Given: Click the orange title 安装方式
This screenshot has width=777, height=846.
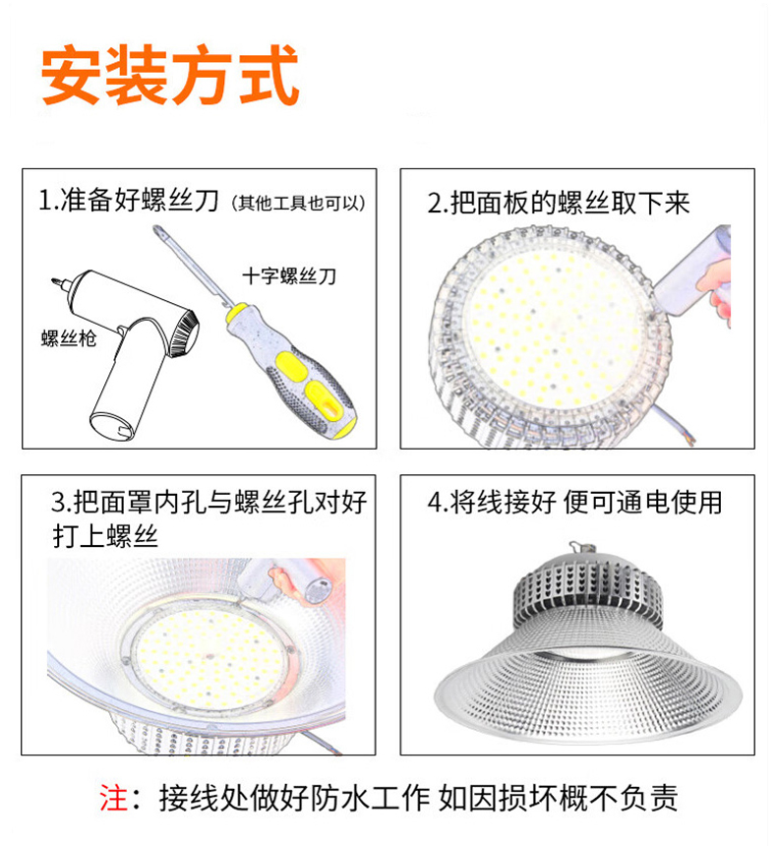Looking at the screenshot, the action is [x=170, y=75].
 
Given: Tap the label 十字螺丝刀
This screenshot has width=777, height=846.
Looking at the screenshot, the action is [x=289, y=276].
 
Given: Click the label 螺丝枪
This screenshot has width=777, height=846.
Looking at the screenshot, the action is [x=69, y=338].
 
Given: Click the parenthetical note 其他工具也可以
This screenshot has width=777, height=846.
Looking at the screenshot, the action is [x=298, y=203].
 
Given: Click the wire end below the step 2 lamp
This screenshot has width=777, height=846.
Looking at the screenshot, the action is [x=687, y=438].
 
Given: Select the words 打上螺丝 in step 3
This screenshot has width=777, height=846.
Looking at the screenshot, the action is [x=106, y=536].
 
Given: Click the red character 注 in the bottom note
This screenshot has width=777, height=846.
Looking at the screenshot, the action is [x=113, y=798].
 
